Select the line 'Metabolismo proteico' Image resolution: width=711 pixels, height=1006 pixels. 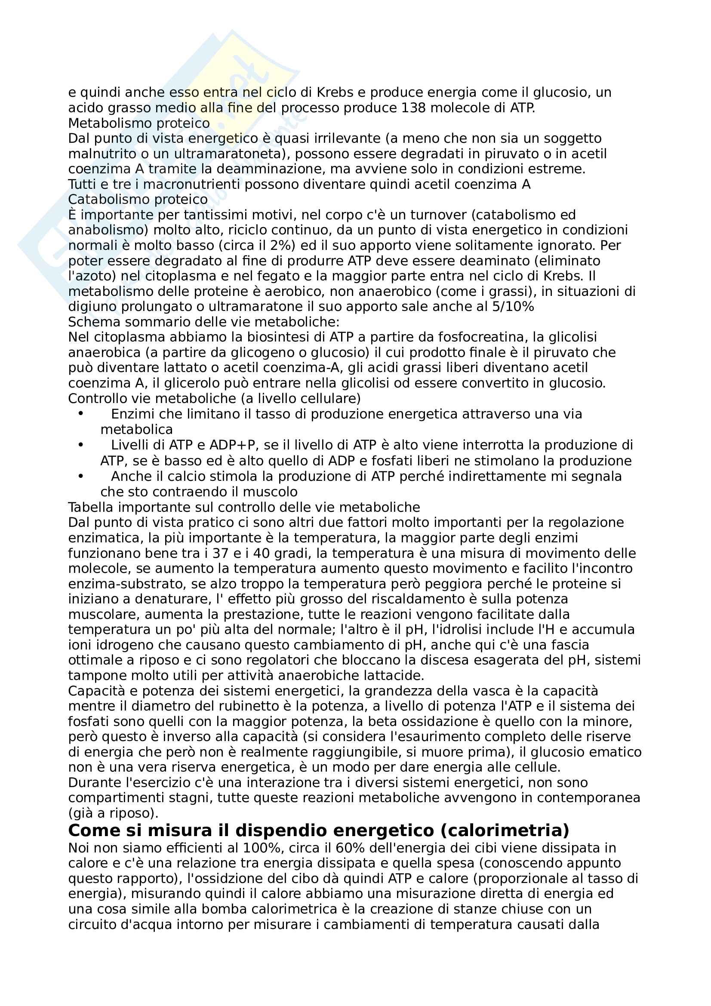[139, 123]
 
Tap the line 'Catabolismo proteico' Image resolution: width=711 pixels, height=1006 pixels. [138, 200]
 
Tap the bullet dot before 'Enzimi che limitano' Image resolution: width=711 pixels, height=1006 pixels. [80, 414]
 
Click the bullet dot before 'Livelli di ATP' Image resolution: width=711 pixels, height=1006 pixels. [80, 445]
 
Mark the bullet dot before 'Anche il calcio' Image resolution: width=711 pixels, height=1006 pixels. [80, 476]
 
